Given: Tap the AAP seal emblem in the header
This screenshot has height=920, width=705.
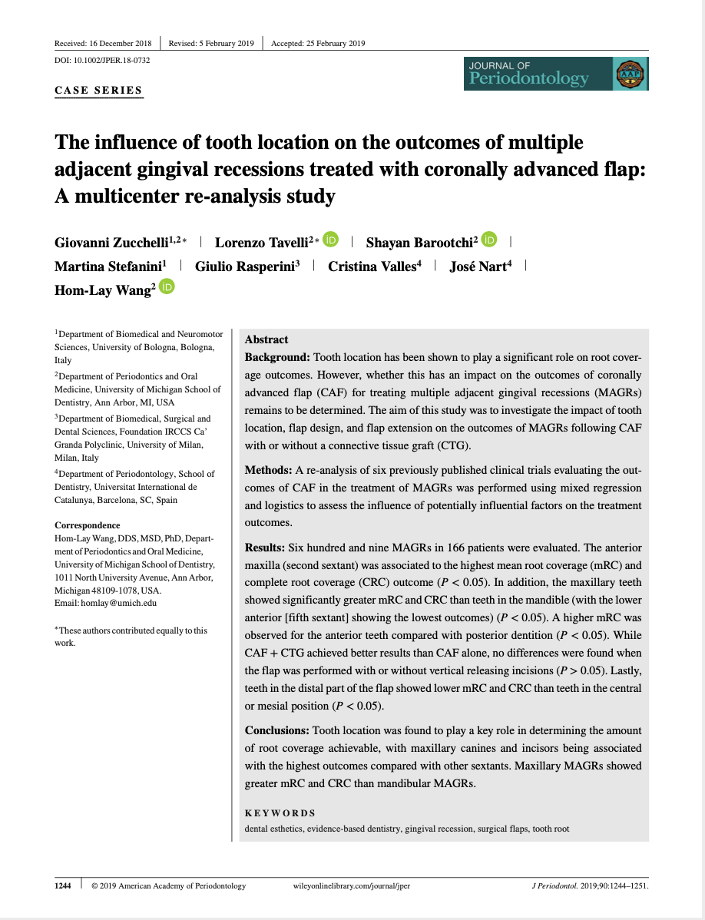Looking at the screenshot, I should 631,74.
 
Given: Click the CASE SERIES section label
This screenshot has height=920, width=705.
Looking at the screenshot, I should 98,90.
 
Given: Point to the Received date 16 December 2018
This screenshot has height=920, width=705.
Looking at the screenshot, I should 103,43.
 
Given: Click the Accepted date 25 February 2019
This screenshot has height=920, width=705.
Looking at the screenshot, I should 318,43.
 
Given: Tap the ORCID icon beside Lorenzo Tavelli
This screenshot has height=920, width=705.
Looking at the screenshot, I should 330,240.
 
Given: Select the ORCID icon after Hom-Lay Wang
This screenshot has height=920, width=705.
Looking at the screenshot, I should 167,286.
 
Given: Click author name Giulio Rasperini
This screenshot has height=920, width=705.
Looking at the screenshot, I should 247,266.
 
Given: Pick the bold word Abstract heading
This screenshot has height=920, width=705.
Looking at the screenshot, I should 266,339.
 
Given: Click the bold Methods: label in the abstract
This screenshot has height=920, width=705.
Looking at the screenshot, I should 266,470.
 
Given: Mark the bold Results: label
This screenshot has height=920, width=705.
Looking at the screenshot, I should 264,548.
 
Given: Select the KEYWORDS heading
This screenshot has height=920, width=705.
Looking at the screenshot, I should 280,812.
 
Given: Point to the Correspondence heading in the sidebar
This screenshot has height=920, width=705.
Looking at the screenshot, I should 87,525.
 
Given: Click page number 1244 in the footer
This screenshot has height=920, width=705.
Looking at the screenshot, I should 63,885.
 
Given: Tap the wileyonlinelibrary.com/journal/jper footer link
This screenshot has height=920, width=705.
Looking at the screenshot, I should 352,885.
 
